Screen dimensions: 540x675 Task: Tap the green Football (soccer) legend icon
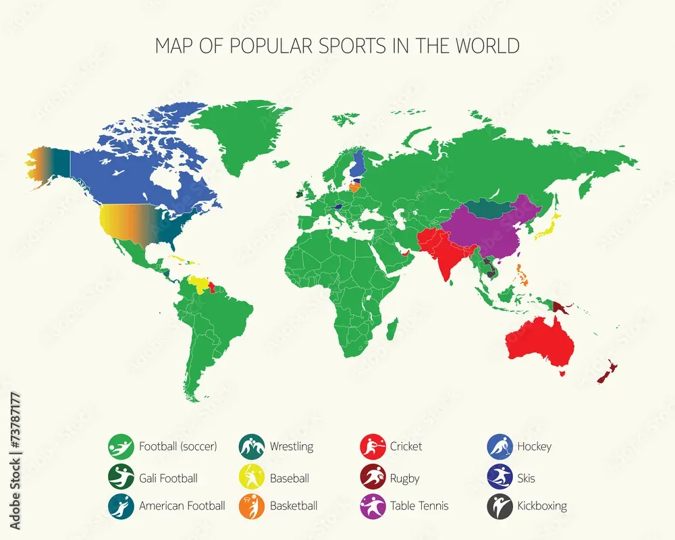tap(120, 446)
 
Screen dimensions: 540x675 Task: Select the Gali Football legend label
tap(168, 479)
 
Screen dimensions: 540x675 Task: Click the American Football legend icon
tap(120, 506)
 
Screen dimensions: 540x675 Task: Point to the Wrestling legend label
tap(292, 446)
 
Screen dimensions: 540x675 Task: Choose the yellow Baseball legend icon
tap(251, 479)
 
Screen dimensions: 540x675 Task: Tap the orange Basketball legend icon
tap(251, 506)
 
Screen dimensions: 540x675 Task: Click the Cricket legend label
tap(406, 446)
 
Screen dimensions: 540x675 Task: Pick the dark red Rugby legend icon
tap(373, 479)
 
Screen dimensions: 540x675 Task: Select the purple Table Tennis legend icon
tap(373, 506)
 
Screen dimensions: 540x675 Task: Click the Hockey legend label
tap(534, 446)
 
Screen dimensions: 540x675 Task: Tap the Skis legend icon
tap(500, 479)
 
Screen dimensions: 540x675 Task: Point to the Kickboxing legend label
tap(542, 506)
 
